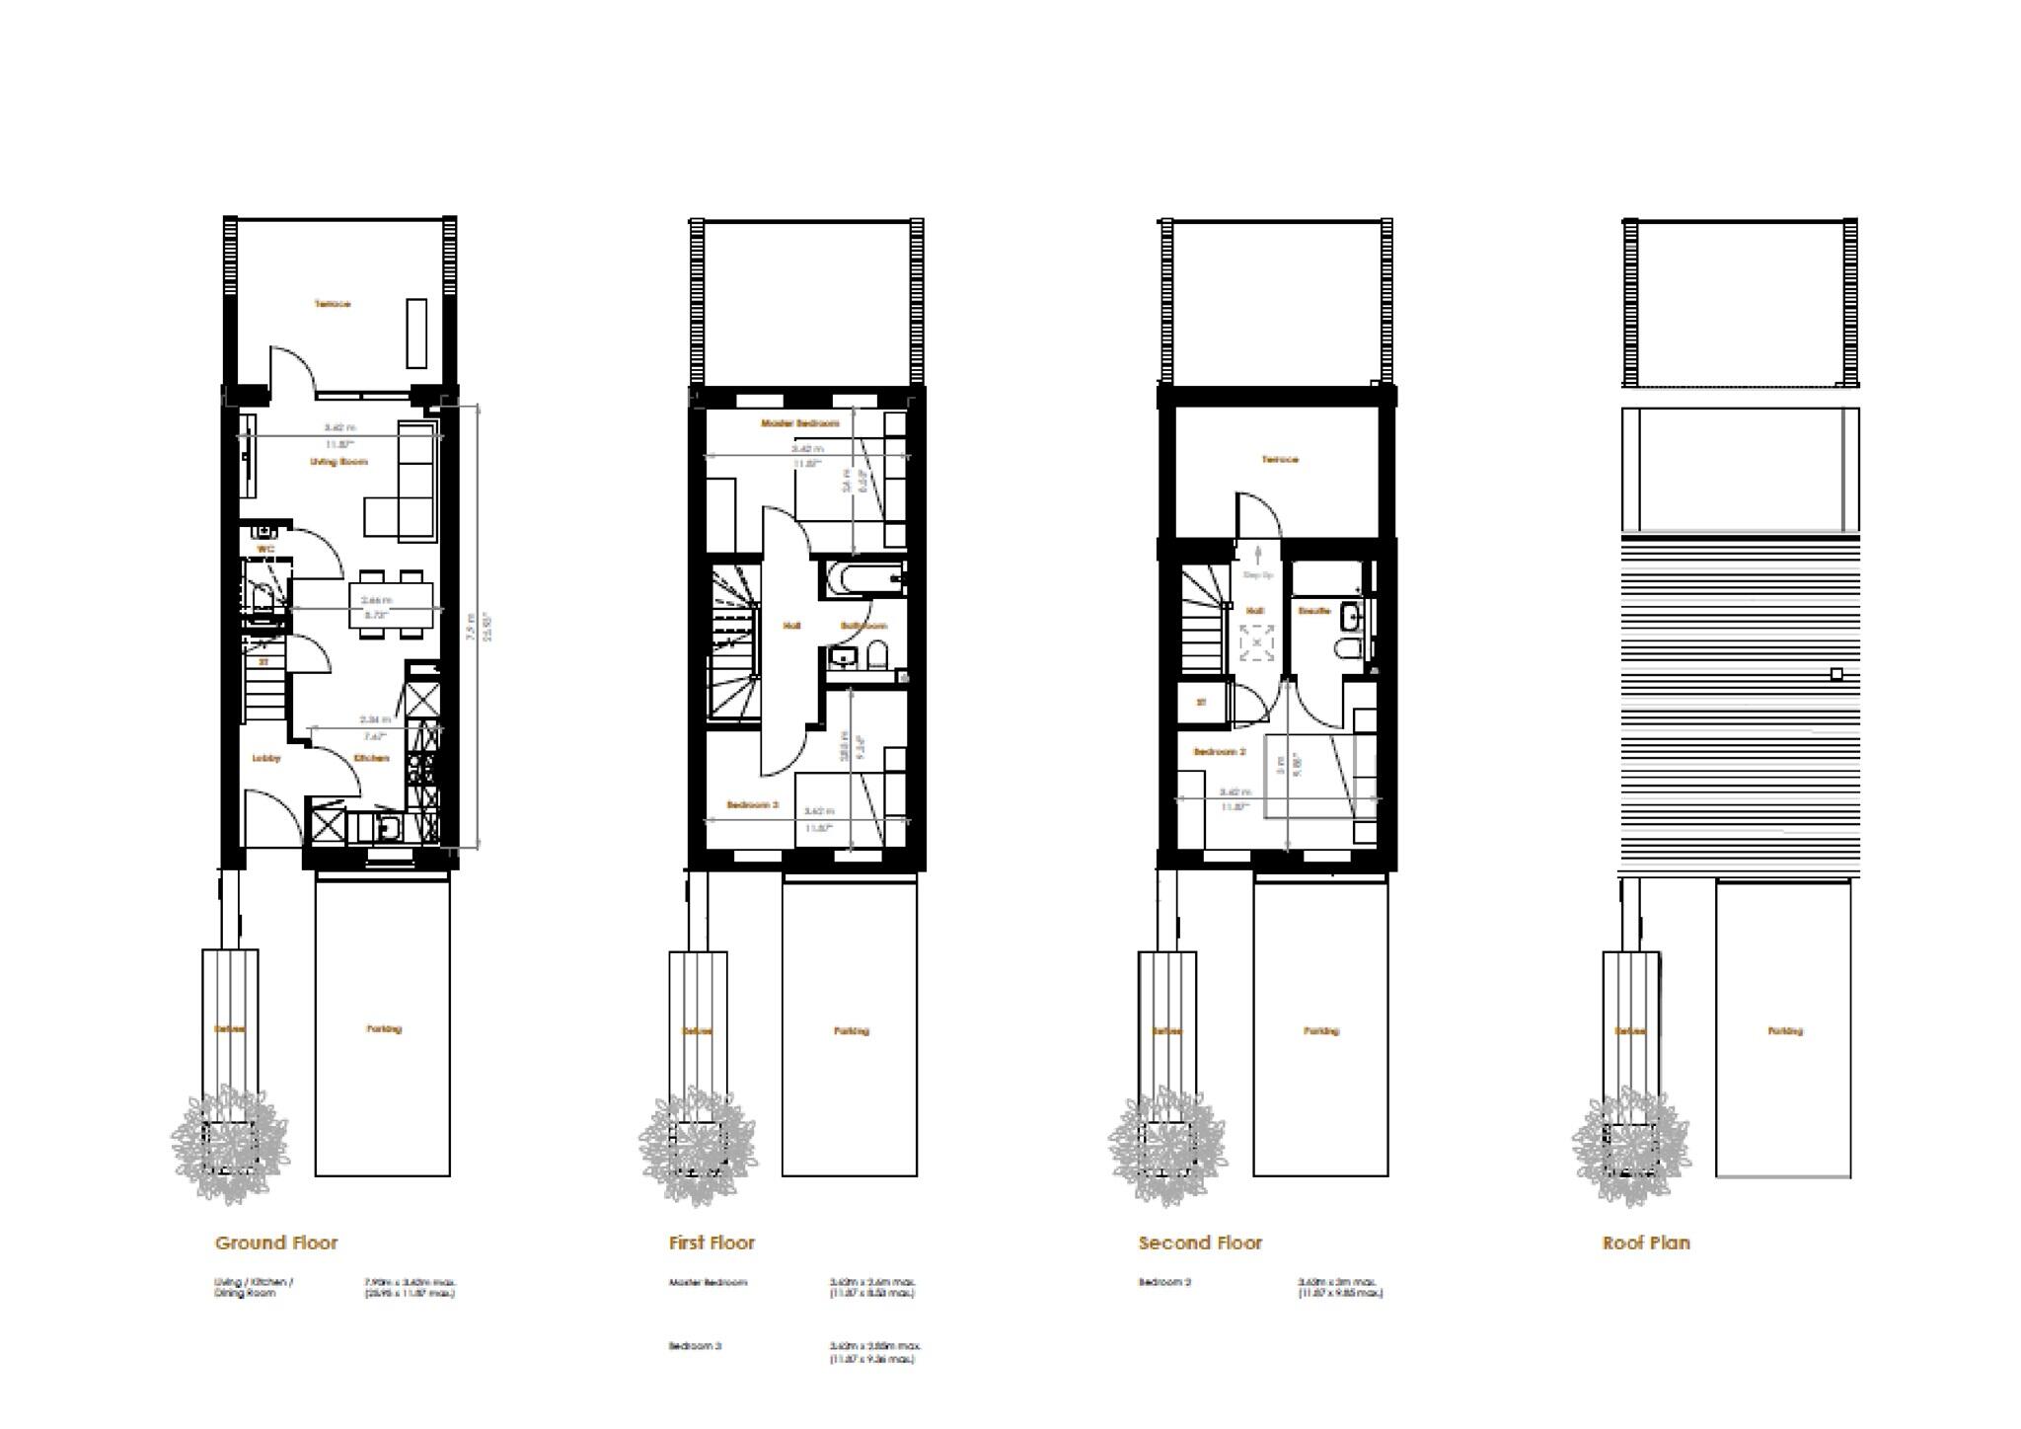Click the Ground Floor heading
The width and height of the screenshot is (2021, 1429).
pos(276,1243)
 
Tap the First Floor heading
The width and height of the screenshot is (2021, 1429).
pos(711,1243)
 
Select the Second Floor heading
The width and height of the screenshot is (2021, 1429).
pos(1200,1243)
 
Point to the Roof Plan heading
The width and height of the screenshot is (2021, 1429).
pos(1646,1243)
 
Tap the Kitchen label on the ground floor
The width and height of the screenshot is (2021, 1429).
pos(372,758)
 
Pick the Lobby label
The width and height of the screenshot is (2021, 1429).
pos(266,758)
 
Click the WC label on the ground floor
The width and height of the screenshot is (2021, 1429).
pos(264,549)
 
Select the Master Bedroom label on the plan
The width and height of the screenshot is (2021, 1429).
pos(799,423)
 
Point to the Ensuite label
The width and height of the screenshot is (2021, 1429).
pos(1314,611)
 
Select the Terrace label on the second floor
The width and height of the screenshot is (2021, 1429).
pos(1280,460)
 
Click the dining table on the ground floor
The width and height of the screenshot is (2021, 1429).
pos(391,605)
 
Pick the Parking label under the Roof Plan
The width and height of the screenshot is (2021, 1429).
pos(1784,1031)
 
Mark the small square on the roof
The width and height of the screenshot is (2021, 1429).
pos(1835,674)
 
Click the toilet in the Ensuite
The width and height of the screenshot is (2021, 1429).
pos(1346,648)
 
